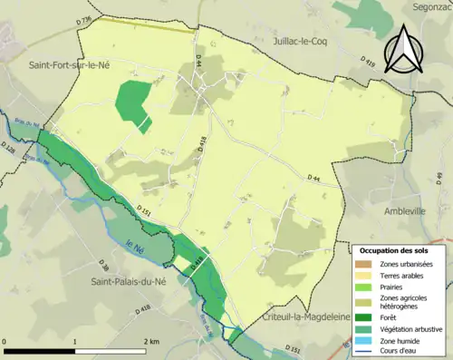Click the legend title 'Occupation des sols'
[x=394, y=250]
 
